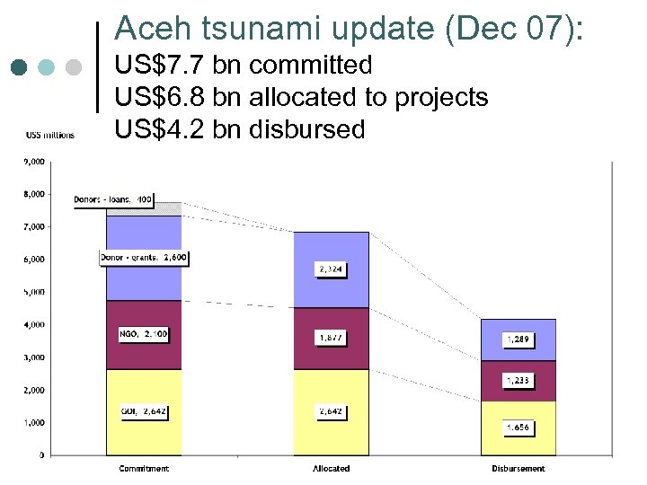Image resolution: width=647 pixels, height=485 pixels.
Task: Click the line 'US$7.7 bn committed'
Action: pos(244,66)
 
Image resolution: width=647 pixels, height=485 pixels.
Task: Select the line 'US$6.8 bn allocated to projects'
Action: pos(302,97)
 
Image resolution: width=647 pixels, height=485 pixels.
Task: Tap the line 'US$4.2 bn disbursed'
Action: pos(240,129)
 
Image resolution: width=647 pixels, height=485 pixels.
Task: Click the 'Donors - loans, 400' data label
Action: pos(114,199)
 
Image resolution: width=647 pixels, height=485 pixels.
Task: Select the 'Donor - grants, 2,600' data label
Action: pos(144,258)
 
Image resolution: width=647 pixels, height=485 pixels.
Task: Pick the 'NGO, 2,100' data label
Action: pos(143,334)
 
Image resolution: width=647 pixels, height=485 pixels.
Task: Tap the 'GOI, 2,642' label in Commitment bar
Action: pos(144,411)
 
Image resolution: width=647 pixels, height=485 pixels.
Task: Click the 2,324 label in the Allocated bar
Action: pos(330,269)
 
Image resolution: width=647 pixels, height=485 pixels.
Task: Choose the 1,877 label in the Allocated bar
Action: pos(330,338)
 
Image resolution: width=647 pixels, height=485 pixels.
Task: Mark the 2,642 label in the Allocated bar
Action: pos(330,411)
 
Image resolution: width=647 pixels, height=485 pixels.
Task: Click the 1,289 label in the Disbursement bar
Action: pos(517,340)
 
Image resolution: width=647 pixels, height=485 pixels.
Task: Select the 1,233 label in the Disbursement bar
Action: pos(517,381)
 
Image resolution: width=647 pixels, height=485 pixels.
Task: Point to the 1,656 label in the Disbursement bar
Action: pos(517,428)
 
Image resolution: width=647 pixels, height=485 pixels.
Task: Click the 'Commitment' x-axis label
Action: pos(144,469)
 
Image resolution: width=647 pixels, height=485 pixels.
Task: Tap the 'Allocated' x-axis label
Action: pos(331,469)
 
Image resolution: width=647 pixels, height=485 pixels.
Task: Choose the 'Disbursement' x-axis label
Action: pos(518,469)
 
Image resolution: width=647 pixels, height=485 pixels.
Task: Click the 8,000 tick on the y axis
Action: pos(35,194)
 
